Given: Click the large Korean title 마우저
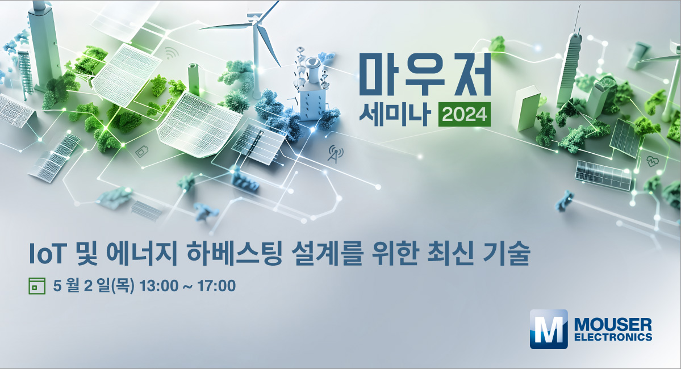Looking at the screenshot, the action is click(x=425, y=74).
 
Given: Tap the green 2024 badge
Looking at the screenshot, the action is click(x=464, y=115).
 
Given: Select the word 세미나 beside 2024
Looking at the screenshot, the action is click(x=395, y=115).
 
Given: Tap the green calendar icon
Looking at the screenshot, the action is click(x=37, y=286).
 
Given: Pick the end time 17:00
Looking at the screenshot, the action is click(x=217, y=286).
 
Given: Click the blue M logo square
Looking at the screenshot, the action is click(x=549, y=329).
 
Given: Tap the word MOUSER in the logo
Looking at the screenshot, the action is click(x=613, y=325).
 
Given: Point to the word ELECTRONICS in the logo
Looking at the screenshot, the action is click(x=613, y=337).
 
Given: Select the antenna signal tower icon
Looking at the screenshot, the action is click(x=335, y=154).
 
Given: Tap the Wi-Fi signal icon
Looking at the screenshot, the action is click(x=172, y=53).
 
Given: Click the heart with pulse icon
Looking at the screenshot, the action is click(x=653, y=161).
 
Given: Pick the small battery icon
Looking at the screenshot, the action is click(x=142, y=152).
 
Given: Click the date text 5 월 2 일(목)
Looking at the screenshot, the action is click(x=93, y=286).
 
